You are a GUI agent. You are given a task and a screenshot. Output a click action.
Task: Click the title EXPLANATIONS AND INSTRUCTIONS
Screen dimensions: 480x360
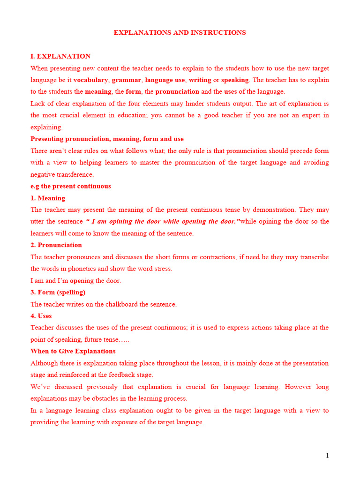[180, 32]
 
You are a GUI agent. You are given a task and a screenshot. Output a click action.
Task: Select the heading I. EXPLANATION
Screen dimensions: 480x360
[60, 56]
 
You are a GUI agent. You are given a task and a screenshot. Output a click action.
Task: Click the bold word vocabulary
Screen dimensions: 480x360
[90, 80]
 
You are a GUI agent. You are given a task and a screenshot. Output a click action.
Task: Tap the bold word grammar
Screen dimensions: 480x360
[127, 80]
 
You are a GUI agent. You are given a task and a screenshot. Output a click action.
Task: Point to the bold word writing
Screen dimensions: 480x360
[200, 80]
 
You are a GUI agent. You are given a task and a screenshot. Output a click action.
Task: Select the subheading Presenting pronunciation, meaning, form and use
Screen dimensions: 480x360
[107, 139]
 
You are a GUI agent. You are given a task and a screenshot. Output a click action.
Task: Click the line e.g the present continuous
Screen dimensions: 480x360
[70, 186]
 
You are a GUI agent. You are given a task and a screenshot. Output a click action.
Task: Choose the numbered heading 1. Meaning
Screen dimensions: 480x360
[48, 198]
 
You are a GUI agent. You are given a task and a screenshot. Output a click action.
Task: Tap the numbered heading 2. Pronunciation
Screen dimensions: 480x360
[56, 245]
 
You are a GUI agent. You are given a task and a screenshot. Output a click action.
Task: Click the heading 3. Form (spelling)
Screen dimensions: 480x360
[58, 292]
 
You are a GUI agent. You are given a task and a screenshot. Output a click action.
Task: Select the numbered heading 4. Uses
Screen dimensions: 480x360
[41, 315]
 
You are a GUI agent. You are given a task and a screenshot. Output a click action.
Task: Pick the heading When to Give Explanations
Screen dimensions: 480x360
[73, 351]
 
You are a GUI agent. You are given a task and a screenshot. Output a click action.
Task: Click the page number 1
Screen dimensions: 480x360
[327, 456]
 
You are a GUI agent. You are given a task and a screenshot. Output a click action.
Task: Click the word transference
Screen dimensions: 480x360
[75, 174]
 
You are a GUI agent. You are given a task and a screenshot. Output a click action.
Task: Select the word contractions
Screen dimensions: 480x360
[227, 257]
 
